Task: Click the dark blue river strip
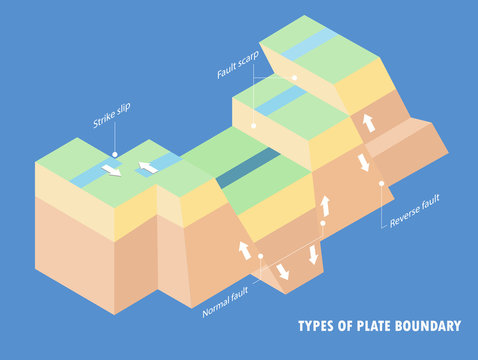click(x=249, y=167)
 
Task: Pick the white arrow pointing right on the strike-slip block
click(x=112, y=170)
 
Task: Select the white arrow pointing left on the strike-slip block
click(x=148, y=166)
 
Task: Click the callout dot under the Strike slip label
click(x=116, y=155)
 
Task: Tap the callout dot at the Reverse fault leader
click(x=382, y=182)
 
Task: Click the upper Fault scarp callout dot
click(x=295, y=77)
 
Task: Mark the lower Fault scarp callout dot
click(x=253, y=126)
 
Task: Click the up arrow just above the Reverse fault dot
click(x=369, y=123)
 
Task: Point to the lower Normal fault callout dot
click(x=260, y=255)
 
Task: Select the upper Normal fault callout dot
click(x=322, y=223)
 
